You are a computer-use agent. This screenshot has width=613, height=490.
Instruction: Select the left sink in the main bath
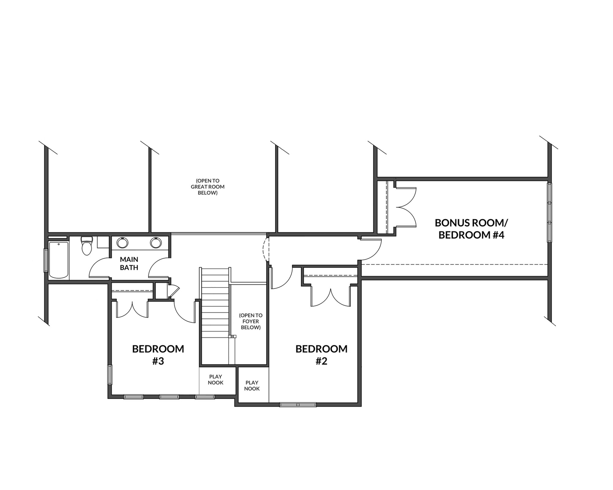[x=122, y=243]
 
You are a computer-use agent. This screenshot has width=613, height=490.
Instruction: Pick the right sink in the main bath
[x=156, y=243]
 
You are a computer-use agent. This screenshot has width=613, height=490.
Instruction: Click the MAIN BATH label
[x=129, y=263]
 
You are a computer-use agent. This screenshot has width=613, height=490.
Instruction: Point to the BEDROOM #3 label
[x=158, y=355]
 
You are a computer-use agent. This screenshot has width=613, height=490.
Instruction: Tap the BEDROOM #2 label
[x=322, y=355]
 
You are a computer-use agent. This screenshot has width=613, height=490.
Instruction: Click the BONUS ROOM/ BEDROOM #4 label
[x=471, y=229]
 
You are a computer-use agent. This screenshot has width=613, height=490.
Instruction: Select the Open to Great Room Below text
[x=208, y=187]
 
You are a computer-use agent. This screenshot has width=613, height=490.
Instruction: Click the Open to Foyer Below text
[x=251, y=321]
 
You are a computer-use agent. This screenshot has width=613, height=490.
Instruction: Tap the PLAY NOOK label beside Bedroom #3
[x=216, y=380]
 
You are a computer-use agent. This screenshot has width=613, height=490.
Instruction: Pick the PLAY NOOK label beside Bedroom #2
[x=252, y=386]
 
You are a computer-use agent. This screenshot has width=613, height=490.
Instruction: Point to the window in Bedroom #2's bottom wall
[x=298, y=405]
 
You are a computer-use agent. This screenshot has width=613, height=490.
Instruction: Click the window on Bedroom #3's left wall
[x=110, y=375]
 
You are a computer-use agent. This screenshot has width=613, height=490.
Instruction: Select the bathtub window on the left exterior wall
[x=46, y=260]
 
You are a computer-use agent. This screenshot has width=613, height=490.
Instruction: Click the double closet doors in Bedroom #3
[x=132, y=309]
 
